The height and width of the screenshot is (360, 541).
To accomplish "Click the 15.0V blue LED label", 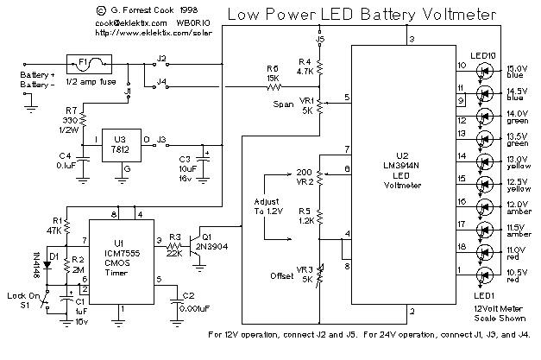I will pos(517,72).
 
